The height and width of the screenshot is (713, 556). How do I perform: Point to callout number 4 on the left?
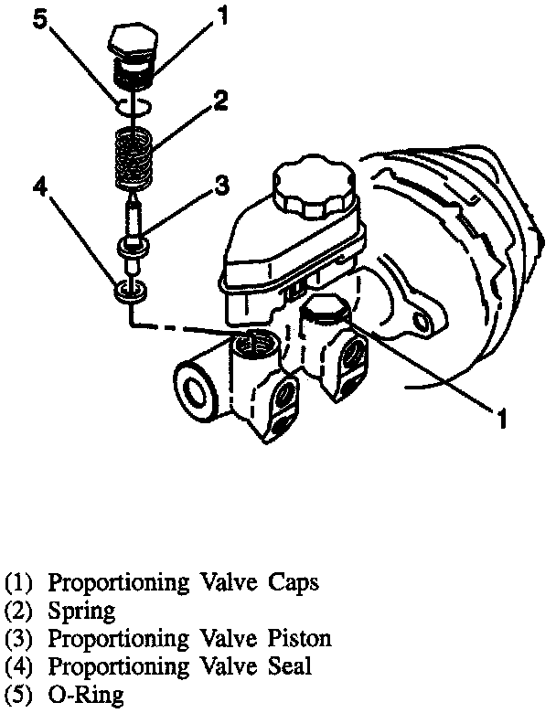tap(39, 187)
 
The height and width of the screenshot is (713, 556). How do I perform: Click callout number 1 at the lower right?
tap(501, 419)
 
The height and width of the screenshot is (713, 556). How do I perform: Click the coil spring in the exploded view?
tap(134, 157)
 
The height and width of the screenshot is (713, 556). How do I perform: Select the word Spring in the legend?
tap(82, 611)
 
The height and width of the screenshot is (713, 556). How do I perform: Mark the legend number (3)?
tap(21, 638)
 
